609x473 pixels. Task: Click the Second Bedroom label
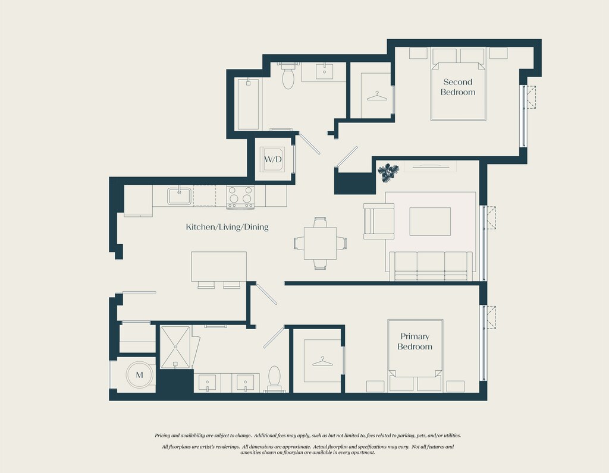458,87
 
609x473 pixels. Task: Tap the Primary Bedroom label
415,342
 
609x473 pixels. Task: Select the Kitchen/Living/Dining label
227,227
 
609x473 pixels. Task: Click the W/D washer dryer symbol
272,159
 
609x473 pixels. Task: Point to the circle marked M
139,375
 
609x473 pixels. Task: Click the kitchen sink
180,196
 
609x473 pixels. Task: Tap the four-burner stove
240,197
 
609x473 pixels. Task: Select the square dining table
320,243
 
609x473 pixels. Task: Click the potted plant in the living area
388,172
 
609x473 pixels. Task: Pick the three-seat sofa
431,266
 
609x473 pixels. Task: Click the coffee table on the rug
430,221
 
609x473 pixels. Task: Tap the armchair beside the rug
379,221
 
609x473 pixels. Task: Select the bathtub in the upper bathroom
248,103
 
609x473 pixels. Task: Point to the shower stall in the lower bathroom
175,347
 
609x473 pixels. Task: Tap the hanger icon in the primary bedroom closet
322,362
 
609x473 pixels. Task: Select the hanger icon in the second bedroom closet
376,96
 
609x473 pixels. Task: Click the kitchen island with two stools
219,270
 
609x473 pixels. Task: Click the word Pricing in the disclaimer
163,436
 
